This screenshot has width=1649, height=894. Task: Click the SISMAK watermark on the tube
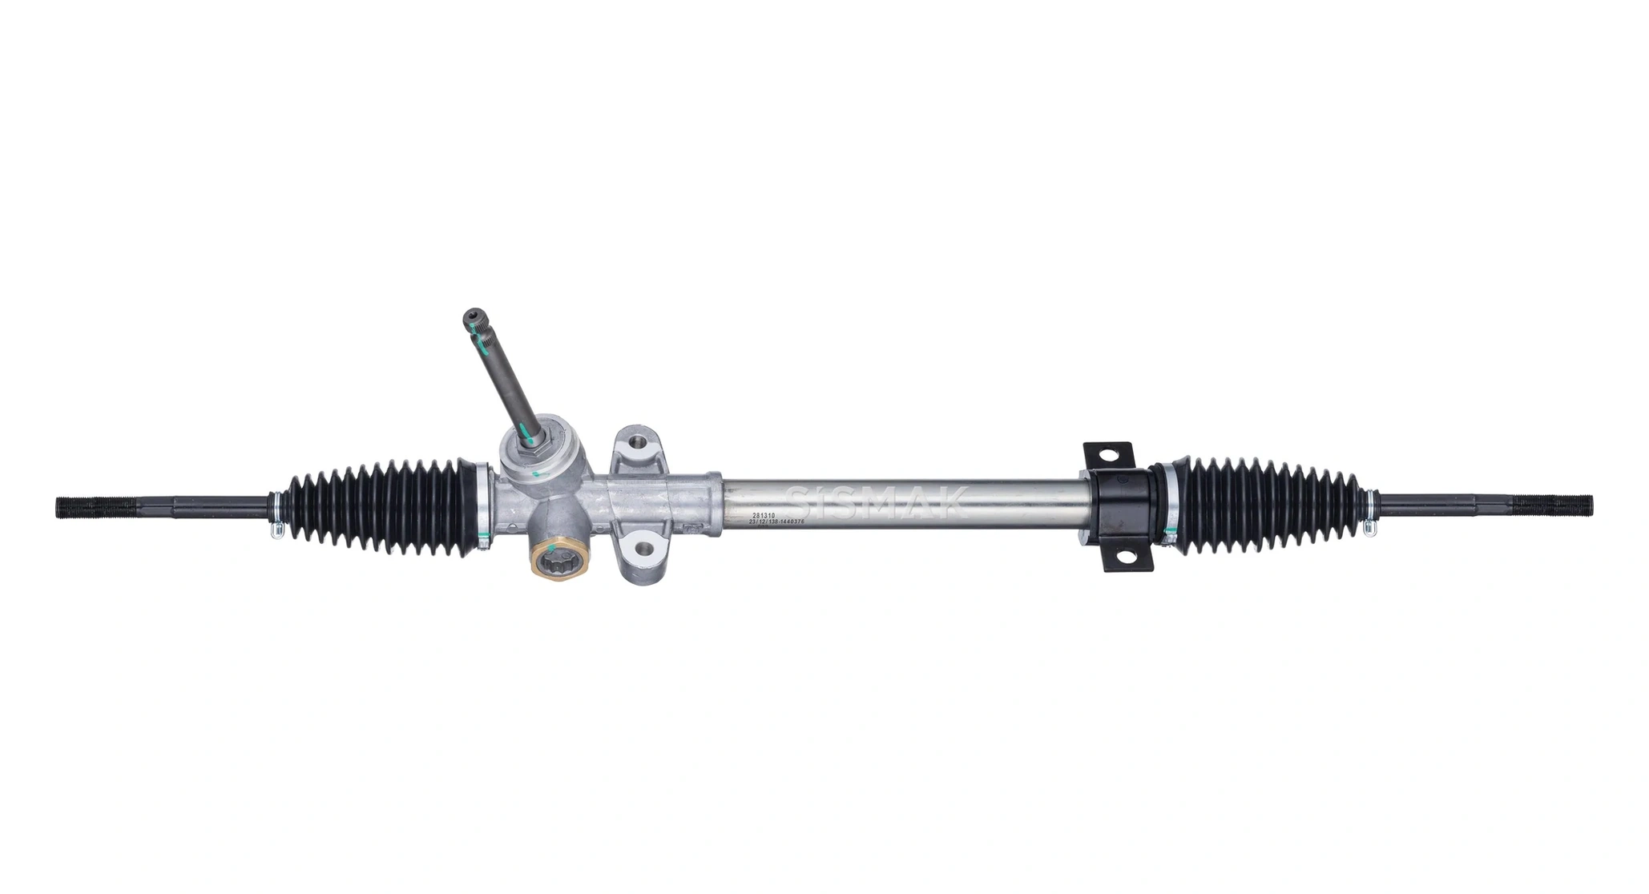[x=877, y=500]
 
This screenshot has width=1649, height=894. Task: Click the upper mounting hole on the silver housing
[x=639, y=442]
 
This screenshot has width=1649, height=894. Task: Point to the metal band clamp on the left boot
[x=483, y=505]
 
